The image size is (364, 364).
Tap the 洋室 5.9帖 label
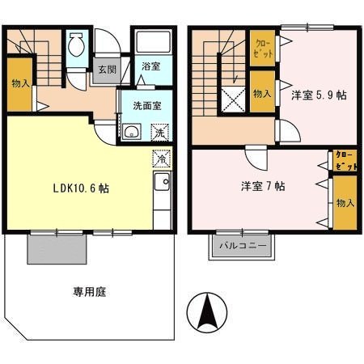[319, 95]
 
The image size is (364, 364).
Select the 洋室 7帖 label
[261, 186]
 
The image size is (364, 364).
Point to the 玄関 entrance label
[107, 70]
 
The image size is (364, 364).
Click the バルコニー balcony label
[243, 244]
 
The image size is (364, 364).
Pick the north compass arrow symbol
[208, 311]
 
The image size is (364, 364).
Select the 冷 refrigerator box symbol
[160, 159]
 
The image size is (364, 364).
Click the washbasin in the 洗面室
[131, 132]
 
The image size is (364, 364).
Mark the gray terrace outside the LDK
[56, 247]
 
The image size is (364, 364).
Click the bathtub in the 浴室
[152, 44]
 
